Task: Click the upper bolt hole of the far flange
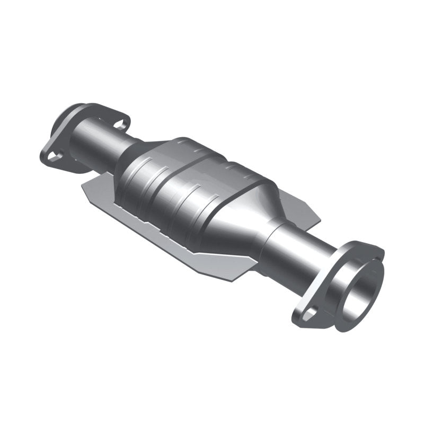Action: (x=121, y=125)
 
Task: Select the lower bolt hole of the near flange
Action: (x=308, y=314)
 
